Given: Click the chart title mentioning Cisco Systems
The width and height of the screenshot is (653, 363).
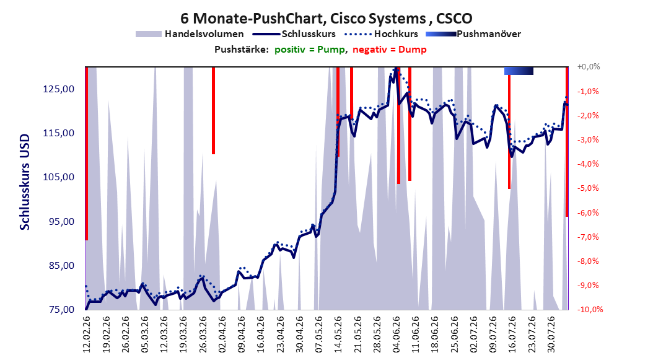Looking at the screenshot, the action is pos(326,19).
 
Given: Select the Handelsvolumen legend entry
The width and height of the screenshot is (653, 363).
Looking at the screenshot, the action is pos(190,34).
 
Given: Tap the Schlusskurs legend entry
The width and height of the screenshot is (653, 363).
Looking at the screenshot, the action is pos(294,34).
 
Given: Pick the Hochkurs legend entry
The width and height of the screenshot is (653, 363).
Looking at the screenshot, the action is pos(381,34).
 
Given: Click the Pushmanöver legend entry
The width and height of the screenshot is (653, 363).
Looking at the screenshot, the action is pos(473,34).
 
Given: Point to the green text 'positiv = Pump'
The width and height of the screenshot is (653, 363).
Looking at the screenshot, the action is pos(310,50).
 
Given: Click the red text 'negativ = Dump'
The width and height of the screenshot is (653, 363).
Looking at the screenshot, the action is pos(390,50).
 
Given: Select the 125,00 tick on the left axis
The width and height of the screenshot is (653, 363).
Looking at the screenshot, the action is pos(59,89).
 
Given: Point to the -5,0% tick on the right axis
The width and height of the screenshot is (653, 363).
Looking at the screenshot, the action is pos(588,188).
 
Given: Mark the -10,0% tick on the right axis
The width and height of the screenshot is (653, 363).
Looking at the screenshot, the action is pos(590,310).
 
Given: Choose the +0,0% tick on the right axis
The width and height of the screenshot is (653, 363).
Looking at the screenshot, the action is pos(589,67).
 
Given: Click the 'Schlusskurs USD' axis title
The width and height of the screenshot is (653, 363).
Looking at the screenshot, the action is pos(25,182).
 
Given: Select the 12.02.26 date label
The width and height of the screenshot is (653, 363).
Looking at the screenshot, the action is pos(87,335).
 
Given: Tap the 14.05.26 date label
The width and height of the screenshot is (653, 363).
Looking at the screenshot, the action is pos(338,335).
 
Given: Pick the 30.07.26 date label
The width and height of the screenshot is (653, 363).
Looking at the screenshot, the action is pos(551,335).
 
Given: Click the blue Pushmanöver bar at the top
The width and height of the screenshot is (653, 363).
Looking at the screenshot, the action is pos(519,71).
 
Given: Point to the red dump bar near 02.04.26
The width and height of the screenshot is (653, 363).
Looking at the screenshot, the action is pos(213,110).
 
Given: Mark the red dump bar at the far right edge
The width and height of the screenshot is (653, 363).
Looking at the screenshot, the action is pos(567,141).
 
